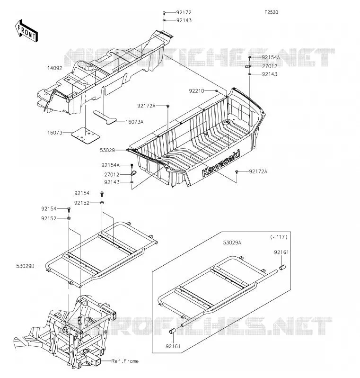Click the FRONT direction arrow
tap(26, 31)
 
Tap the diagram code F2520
tap(271, 12)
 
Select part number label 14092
tap(55, 68)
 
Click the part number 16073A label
tap(134, 122)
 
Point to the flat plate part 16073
tap(86, 135)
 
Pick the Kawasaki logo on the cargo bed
tap(221, 164)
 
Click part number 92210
tap(196, 91)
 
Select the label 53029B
tap(25, 266)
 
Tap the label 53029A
tap(232, 243)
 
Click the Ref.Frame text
tap(125, 361)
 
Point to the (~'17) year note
tap(279, 237)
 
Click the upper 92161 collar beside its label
tap(282, 267)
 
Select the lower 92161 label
tap(173, 346)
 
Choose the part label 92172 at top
tap(184, 12)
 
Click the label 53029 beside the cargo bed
tap(107, 150)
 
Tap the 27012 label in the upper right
tap(270, 66)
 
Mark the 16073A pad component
tap(105, 117)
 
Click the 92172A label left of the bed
tap(146, 106)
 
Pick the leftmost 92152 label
tap(49, 218)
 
